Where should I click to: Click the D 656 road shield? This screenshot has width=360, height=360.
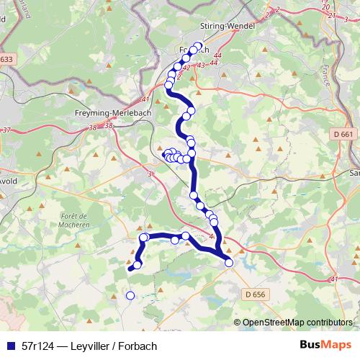coord(256,294)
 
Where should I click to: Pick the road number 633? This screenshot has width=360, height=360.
coord(6,59)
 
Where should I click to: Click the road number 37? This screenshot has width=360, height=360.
coord(6,130)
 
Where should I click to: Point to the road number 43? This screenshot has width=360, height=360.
coord(201,66)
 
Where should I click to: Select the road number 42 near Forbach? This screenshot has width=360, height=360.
coord(185,68)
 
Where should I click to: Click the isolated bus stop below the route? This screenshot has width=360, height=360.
coord(130,295)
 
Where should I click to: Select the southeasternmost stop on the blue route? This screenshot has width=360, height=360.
coord(229,263)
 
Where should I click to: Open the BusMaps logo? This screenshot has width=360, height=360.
coord(323,345)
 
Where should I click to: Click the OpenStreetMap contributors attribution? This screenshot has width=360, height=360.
coord(297,323)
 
